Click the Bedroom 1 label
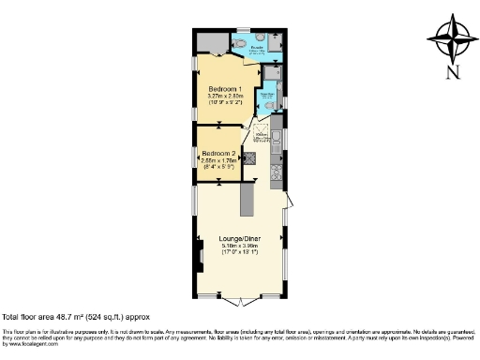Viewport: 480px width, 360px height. tap(224, 90)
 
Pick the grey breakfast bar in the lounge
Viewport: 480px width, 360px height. tap(248, 198)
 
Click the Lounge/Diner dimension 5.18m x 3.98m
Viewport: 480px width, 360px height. tap(239, 247)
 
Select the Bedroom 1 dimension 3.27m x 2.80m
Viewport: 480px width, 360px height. tap(224, 97)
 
